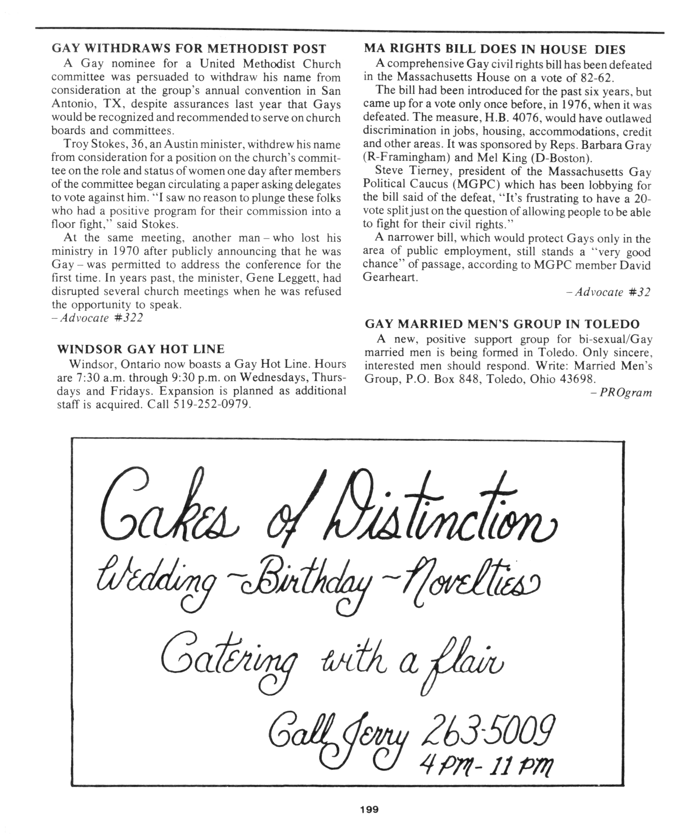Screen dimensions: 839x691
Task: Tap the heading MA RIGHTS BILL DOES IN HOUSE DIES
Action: [495, 49]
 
